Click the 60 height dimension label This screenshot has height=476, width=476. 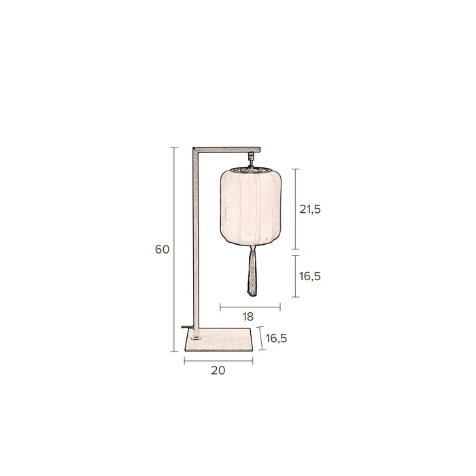[x=162, y=250]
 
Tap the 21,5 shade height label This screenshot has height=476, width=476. [x=310, y=209]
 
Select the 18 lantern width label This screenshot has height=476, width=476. [x=248, y=317]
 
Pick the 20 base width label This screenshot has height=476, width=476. [x=218, y=371]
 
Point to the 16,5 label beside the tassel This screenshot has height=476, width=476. [x=310, y=276]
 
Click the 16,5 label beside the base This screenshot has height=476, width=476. [x=276, y=338]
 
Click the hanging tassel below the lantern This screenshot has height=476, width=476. [x=252, y=271]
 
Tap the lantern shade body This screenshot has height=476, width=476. [x=251, y=207]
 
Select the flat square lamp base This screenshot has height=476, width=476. [x=219, y=339]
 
